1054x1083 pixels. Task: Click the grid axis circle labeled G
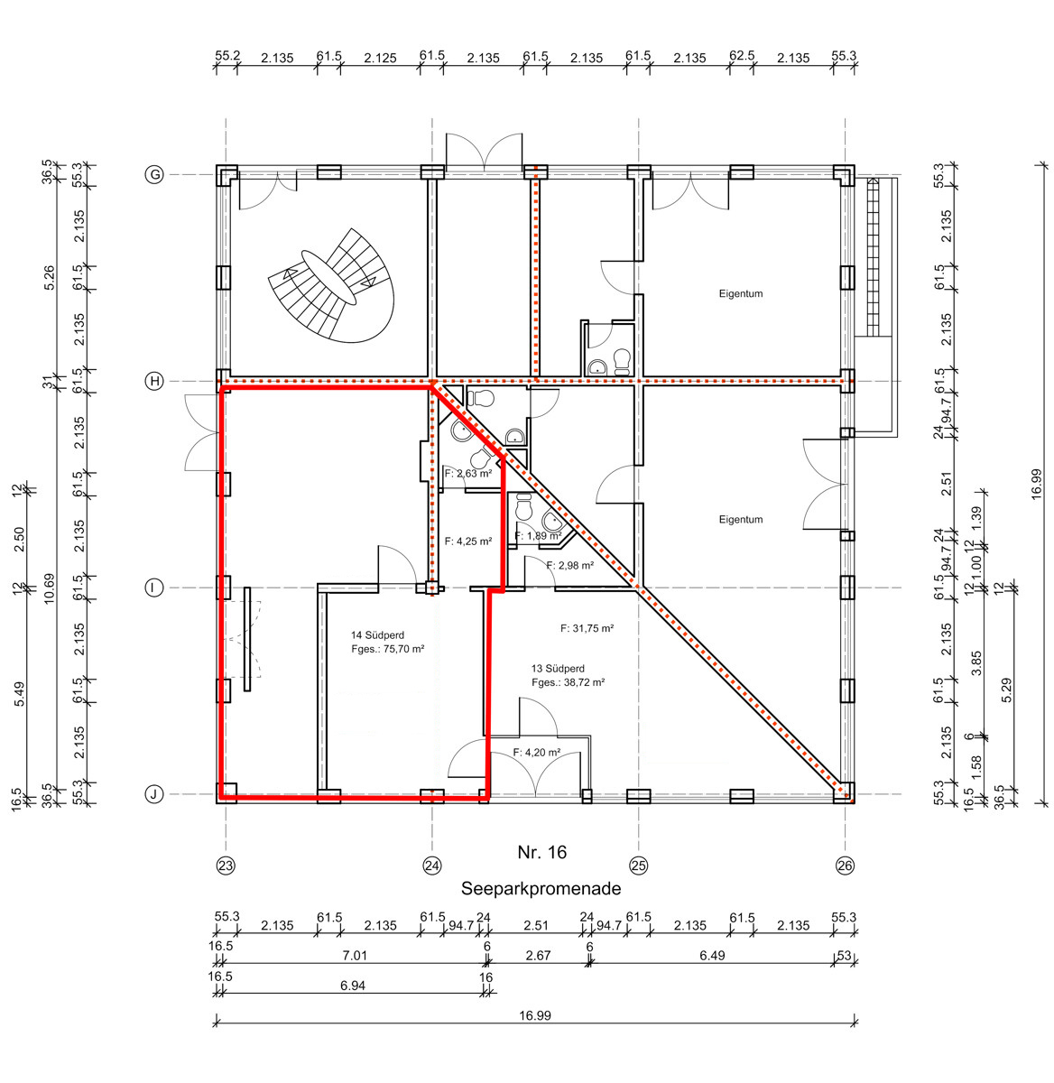[x=154, y=175]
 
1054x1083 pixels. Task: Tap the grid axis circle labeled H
[x=154, y=381]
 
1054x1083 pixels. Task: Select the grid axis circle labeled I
[x=154, y=588]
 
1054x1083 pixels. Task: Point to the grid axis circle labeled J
[x=154, y=794]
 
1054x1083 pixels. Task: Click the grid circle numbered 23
[x=226, y=865]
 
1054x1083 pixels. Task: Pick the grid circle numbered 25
[x=639, y=865]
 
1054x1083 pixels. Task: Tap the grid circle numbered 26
[x=846, y=865]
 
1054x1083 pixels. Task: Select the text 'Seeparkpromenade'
[x=541, y=889]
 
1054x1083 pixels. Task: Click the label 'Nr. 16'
[x=542, y=852]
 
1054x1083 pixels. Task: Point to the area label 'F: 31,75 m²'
[x=587, y=628]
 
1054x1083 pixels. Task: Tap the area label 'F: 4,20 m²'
[x=536, y=753]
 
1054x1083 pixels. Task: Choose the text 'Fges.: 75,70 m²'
[x=388, y=649]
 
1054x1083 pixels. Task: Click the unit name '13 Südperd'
[x=558, y=669]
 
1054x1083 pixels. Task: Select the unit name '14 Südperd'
[x=377, y=635]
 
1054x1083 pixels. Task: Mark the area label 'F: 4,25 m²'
[x=468, y=541]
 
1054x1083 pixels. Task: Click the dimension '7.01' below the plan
[x=355, y=956]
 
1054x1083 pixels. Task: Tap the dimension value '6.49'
[x=712, y=956]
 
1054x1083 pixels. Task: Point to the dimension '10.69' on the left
[x=50, y=588]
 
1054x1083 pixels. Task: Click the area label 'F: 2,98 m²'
[x=569, y=566]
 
